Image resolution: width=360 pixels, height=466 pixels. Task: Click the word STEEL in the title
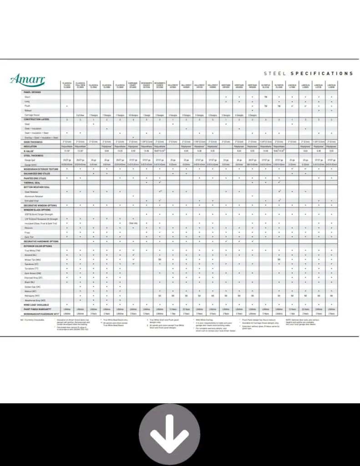pos(275,73)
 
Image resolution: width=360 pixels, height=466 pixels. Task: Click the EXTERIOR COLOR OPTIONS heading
pos(37,245)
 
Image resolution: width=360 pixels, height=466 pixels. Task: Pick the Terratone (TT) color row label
pos(33,268)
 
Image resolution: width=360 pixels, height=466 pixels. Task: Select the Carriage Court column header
pos(133,85)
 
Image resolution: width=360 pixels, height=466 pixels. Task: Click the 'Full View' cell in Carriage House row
pos(80,115)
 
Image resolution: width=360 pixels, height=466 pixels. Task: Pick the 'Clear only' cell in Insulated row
pos(133,223)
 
